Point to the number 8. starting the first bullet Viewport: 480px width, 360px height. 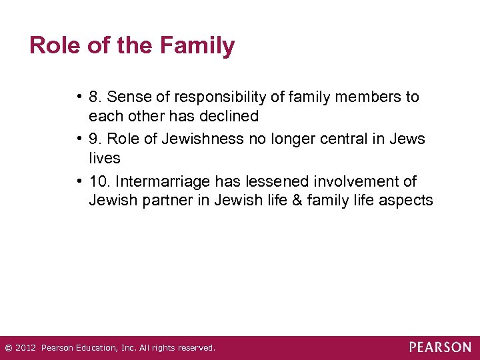[94, 97]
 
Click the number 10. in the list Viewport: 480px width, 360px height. [99, 181]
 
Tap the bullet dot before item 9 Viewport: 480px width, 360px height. [79, 139]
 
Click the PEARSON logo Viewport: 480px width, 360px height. [440, 347]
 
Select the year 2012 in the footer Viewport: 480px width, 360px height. [25, 348]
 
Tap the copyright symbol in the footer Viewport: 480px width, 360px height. [8, 348]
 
